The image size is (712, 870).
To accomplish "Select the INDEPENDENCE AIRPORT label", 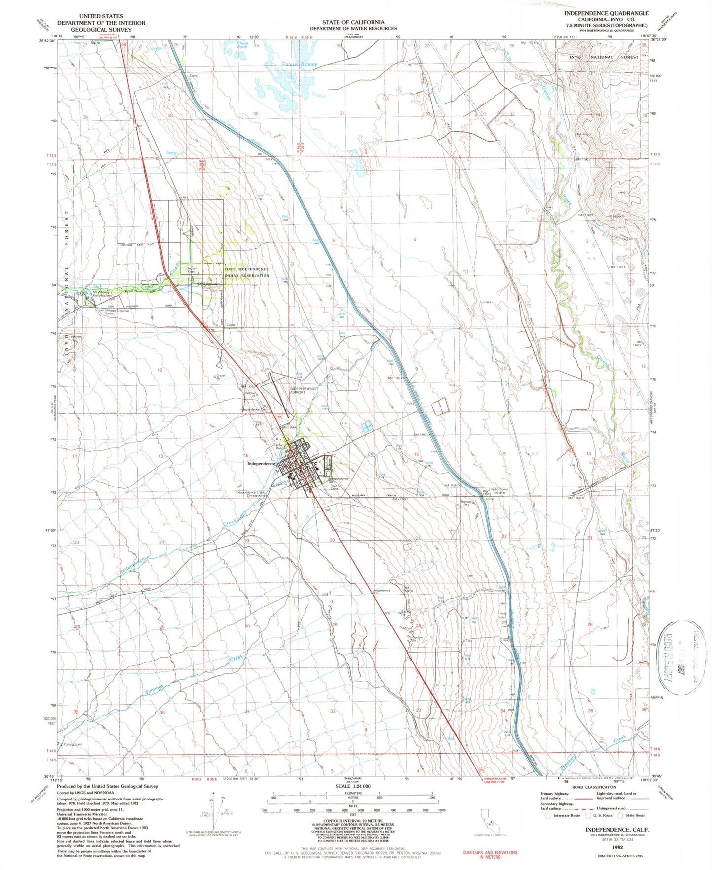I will (304, 391).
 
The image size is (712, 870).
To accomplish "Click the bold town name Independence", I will (261, 464).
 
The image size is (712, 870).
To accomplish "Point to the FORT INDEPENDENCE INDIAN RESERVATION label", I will (247, 272).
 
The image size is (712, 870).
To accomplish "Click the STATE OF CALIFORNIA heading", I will (353, 22).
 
